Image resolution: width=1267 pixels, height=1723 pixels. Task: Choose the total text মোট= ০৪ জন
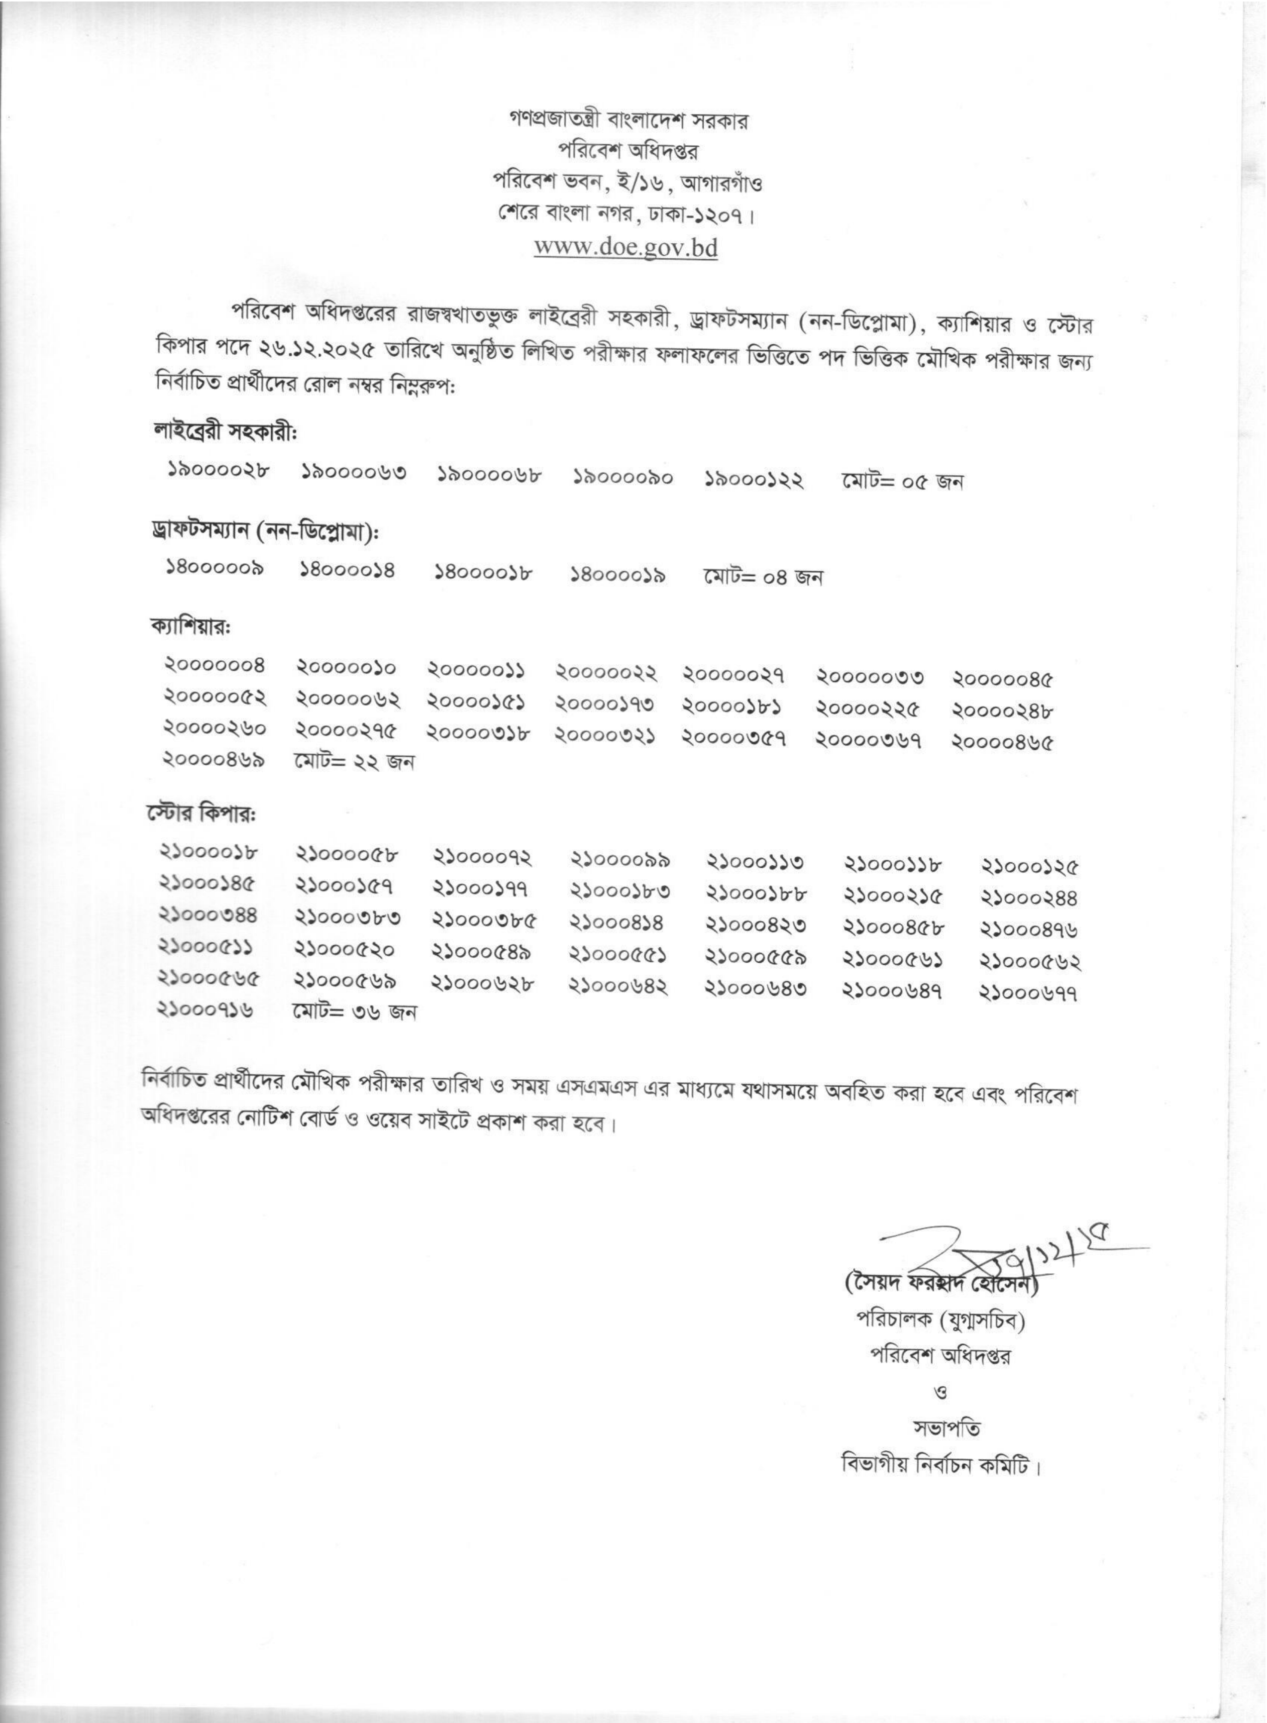[x=762, y=576]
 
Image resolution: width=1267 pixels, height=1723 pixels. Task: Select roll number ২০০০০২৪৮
[x=1002, y=711]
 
